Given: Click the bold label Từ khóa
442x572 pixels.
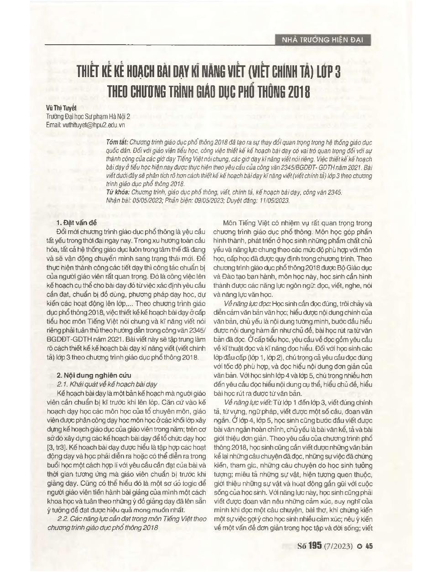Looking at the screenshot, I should (x=115, y=192).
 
